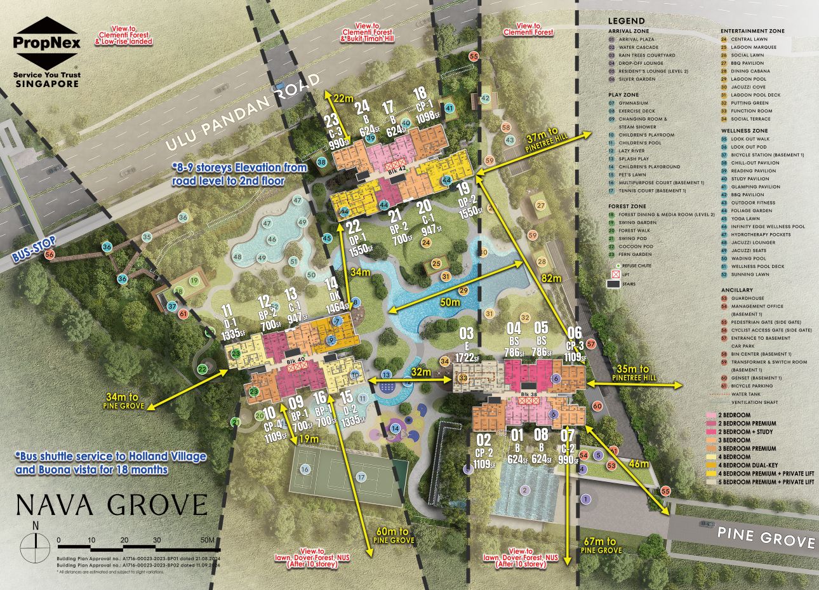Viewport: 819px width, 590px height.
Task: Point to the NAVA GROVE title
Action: [x=112, y=505]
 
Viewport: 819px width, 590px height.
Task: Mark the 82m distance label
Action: [x=551, y=278]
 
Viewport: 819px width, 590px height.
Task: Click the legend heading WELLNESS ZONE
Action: [x=743, y=130]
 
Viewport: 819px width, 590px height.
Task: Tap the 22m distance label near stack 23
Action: [x=343, y=98]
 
